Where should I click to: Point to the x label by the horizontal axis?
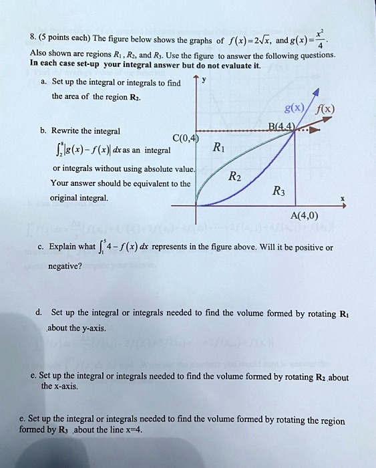[x=343, y=199]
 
